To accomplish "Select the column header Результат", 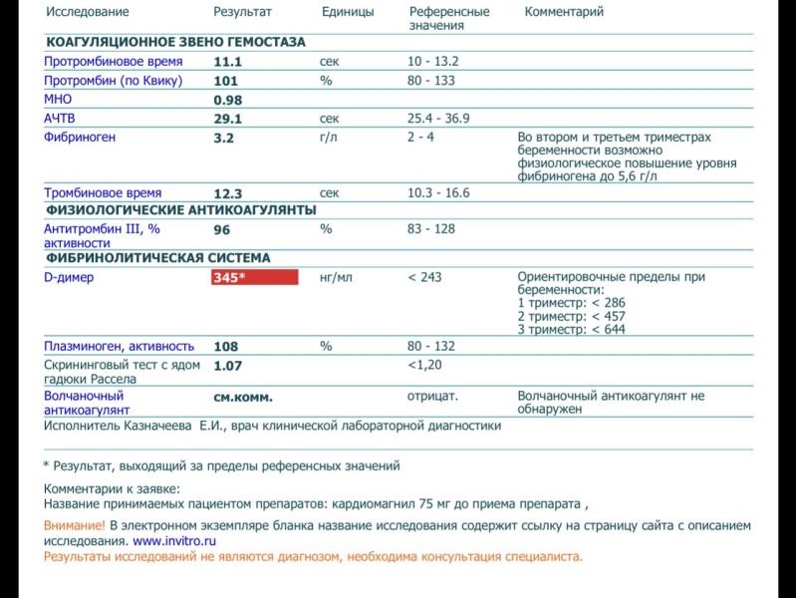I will point(243,13).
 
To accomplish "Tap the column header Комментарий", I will point(564,13).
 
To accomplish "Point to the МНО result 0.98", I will point(228,100).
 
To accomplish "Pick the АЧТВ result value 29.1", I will point(228,119).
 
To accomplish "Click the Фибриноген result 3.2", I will point(223,138).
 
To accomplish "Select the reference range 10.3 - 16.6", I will point(438,193).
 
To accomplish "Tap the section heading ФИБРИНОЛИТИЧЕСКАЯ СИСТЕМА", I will point(156,257).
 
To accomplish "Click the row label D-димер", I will point(69,278).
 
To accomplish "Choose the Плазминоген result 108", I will point(226,347).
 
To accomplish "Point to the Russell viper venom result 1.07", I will point(228,366).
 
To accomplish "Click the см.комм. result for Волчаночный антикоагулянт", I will point(243,397).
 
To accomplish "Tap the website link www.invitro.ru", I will point(174,541).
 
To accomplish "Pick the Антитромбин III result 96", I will point(222,229).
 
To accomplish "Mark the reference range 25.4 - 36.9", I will point(438,119).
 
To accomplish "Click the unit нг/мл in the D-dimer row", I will point(336,278).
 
